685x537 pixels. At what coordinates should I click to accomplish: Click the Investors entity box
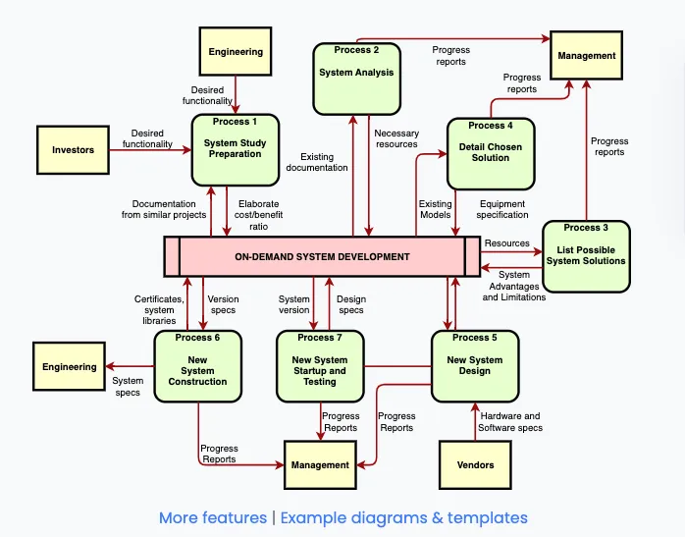pos(74,150)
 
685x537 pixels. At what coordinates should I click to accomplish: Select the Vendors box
pos(476,464)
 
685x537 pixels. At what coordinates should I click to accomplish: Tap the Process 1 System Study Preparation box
pos(235,149)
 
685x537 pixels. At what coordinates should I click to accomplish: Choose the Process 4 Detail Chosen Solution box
pos(491,153)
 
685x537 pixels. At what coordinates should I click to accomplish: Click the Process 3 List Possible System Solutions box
pos(586,256)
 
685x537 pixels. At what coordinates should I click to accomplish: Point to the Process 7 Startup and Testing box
pos(319,365)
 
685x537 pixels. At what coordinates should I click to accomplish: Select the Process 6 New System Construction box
pos(197,365)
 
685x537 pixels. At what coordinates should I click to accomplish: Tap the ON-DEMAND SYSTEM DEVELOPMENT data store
pos(322,257)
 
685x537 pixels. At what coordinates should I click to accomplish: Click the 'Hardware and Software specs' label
pos(509,422)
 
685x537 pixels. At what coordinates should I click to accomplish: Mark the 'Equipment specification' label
pos(501,209)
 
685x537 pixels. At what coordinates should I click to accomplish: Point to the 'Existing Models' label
pos(436,209)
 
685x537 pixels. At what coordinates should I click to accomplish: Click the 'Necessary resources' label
pos(396,139)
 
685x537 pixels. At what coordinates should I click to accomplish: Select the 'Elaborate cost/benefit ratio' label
pos(258,215)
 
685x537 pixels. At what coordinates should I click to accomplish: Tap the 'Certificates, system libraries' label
pos(158,309)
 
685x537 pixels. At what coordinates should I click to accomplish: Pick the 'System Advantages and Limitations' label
pos(513,286)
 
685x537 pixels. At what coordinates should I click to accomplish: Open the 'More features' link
pos(213,517)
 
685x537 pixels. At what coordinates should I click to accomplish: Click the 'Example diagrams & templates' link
pos(404,517)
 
